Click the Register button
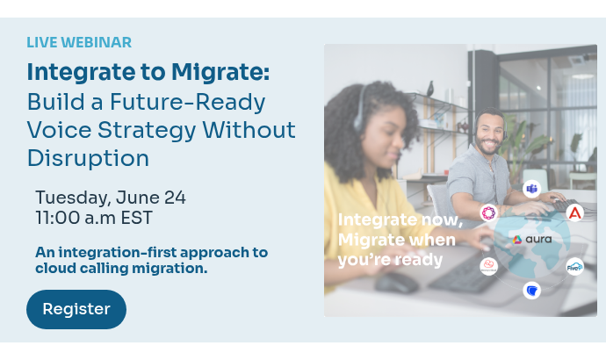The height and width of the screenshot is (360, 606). pos(76,309)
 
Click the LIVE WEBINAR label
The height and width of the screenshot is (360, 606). pos(79,42)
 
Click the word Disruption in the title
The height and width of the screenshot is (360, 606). pos(88,158)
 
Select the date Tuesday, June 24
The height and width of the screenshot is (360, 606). pos(111,198)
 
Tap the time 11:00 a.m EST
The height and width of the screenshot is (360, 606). pos(94,217)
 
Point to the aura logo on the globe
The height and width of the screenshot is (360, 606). pos(532,239)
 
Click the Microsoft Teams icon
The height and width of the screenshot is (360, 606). pos(531,189)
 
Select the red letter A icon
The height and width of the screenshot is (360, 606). pos(574,212)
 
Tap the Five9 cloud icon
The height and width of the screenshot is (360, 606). pos(574,267)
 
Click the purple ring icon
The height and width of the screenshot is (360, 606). pos(488,212)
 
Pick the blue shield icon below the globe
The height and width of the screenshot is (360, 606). pos(531,290)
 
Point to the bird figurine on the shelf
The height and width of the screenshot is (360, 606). pos(429,88)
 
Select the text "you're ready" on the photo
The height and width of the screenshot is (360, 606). pos(390,260)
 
